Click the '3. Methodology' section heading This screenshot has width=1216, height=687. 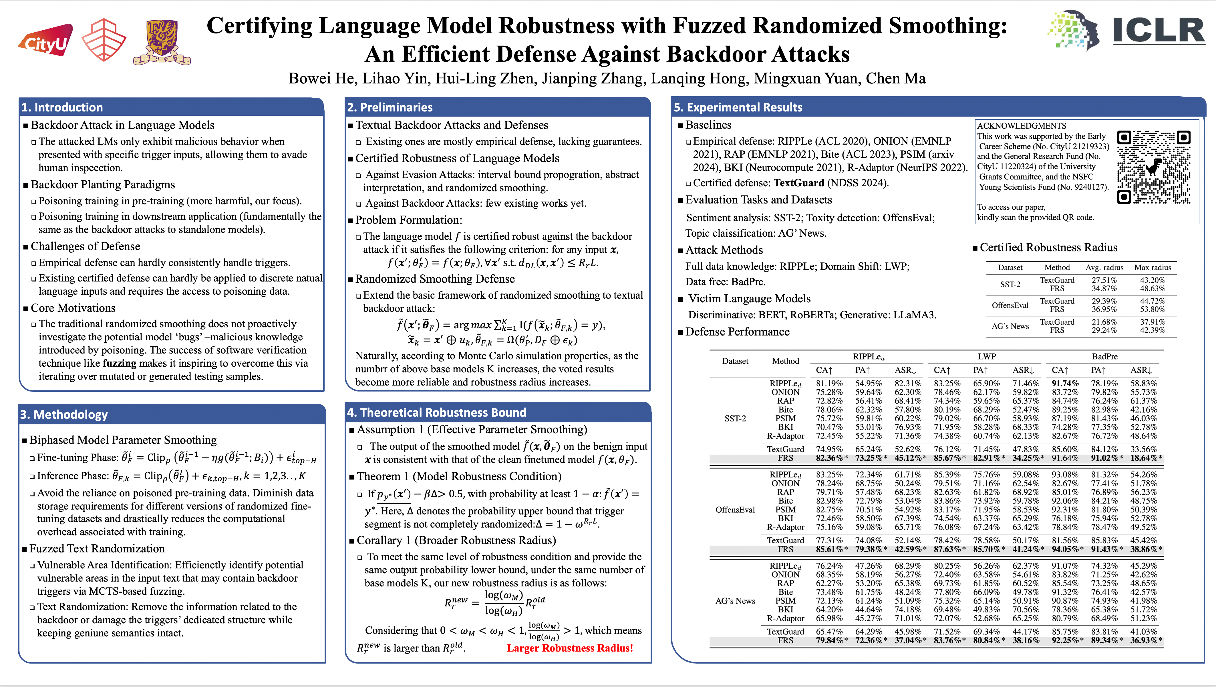pos(64,415)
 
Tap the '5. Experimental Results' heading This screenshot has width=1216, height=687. pos(738,107)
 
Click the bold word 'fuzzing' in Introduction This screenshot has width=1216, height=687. pos(120,363)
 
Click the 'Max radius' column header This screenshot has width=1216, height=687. pos(1153,267)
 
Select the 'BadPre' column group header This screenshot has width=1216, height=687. pos(1104,357)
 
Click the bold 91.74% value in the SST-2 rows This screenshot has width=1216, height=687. pos(1065,384)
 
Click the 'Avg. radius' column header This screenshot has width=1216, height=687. pos(1104,267)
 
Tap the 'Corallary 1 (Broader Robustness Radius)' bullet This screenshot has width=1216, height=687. pos(456,540)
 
